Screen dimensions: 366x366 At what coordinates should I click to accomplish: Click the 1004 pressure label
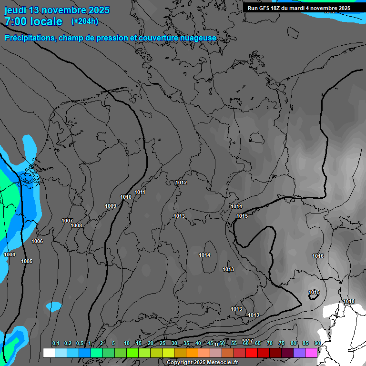(10, 255)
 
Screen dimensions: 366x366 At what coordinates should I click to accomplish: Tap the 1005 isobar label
(27, 261)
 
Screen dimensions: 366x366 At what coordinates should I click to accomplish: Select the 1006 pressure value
(37, 241)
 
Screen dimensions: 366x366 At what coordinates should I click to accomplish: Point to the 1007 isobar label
(67, 221)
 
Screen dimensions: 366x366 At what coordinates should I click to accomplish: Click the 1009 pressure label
(111, 206)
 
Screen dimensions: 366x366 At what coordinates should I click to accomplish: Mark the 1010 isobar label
(126, 197)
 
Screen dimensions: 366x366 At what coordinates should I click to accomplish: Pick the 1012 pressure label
(181, 183)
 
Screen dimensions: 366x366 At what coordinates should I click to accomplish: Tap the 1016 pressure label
(318, 256)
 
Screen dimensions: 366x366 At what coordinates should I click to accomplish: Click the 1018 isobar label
(349, 301)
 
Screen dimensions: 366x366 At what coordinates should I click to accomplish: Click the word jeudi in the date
(15, 10)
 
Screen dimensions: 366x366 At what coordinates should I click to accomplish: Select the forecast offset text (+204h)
(84, 21)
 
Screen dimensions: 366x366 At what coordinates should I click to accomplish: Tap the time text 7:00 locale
(33, 21)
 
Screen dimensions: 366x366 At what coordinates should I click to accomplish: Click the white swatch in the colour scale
(49, 353)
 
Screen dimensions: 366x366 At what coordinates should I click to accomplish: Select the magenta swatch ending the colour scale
(311, 353)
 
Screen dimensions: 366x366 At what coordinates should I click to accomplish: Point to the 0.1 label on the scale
(55, 344)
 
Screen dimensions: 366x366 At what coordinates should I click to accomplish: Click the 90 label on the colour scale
(317, 344)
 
